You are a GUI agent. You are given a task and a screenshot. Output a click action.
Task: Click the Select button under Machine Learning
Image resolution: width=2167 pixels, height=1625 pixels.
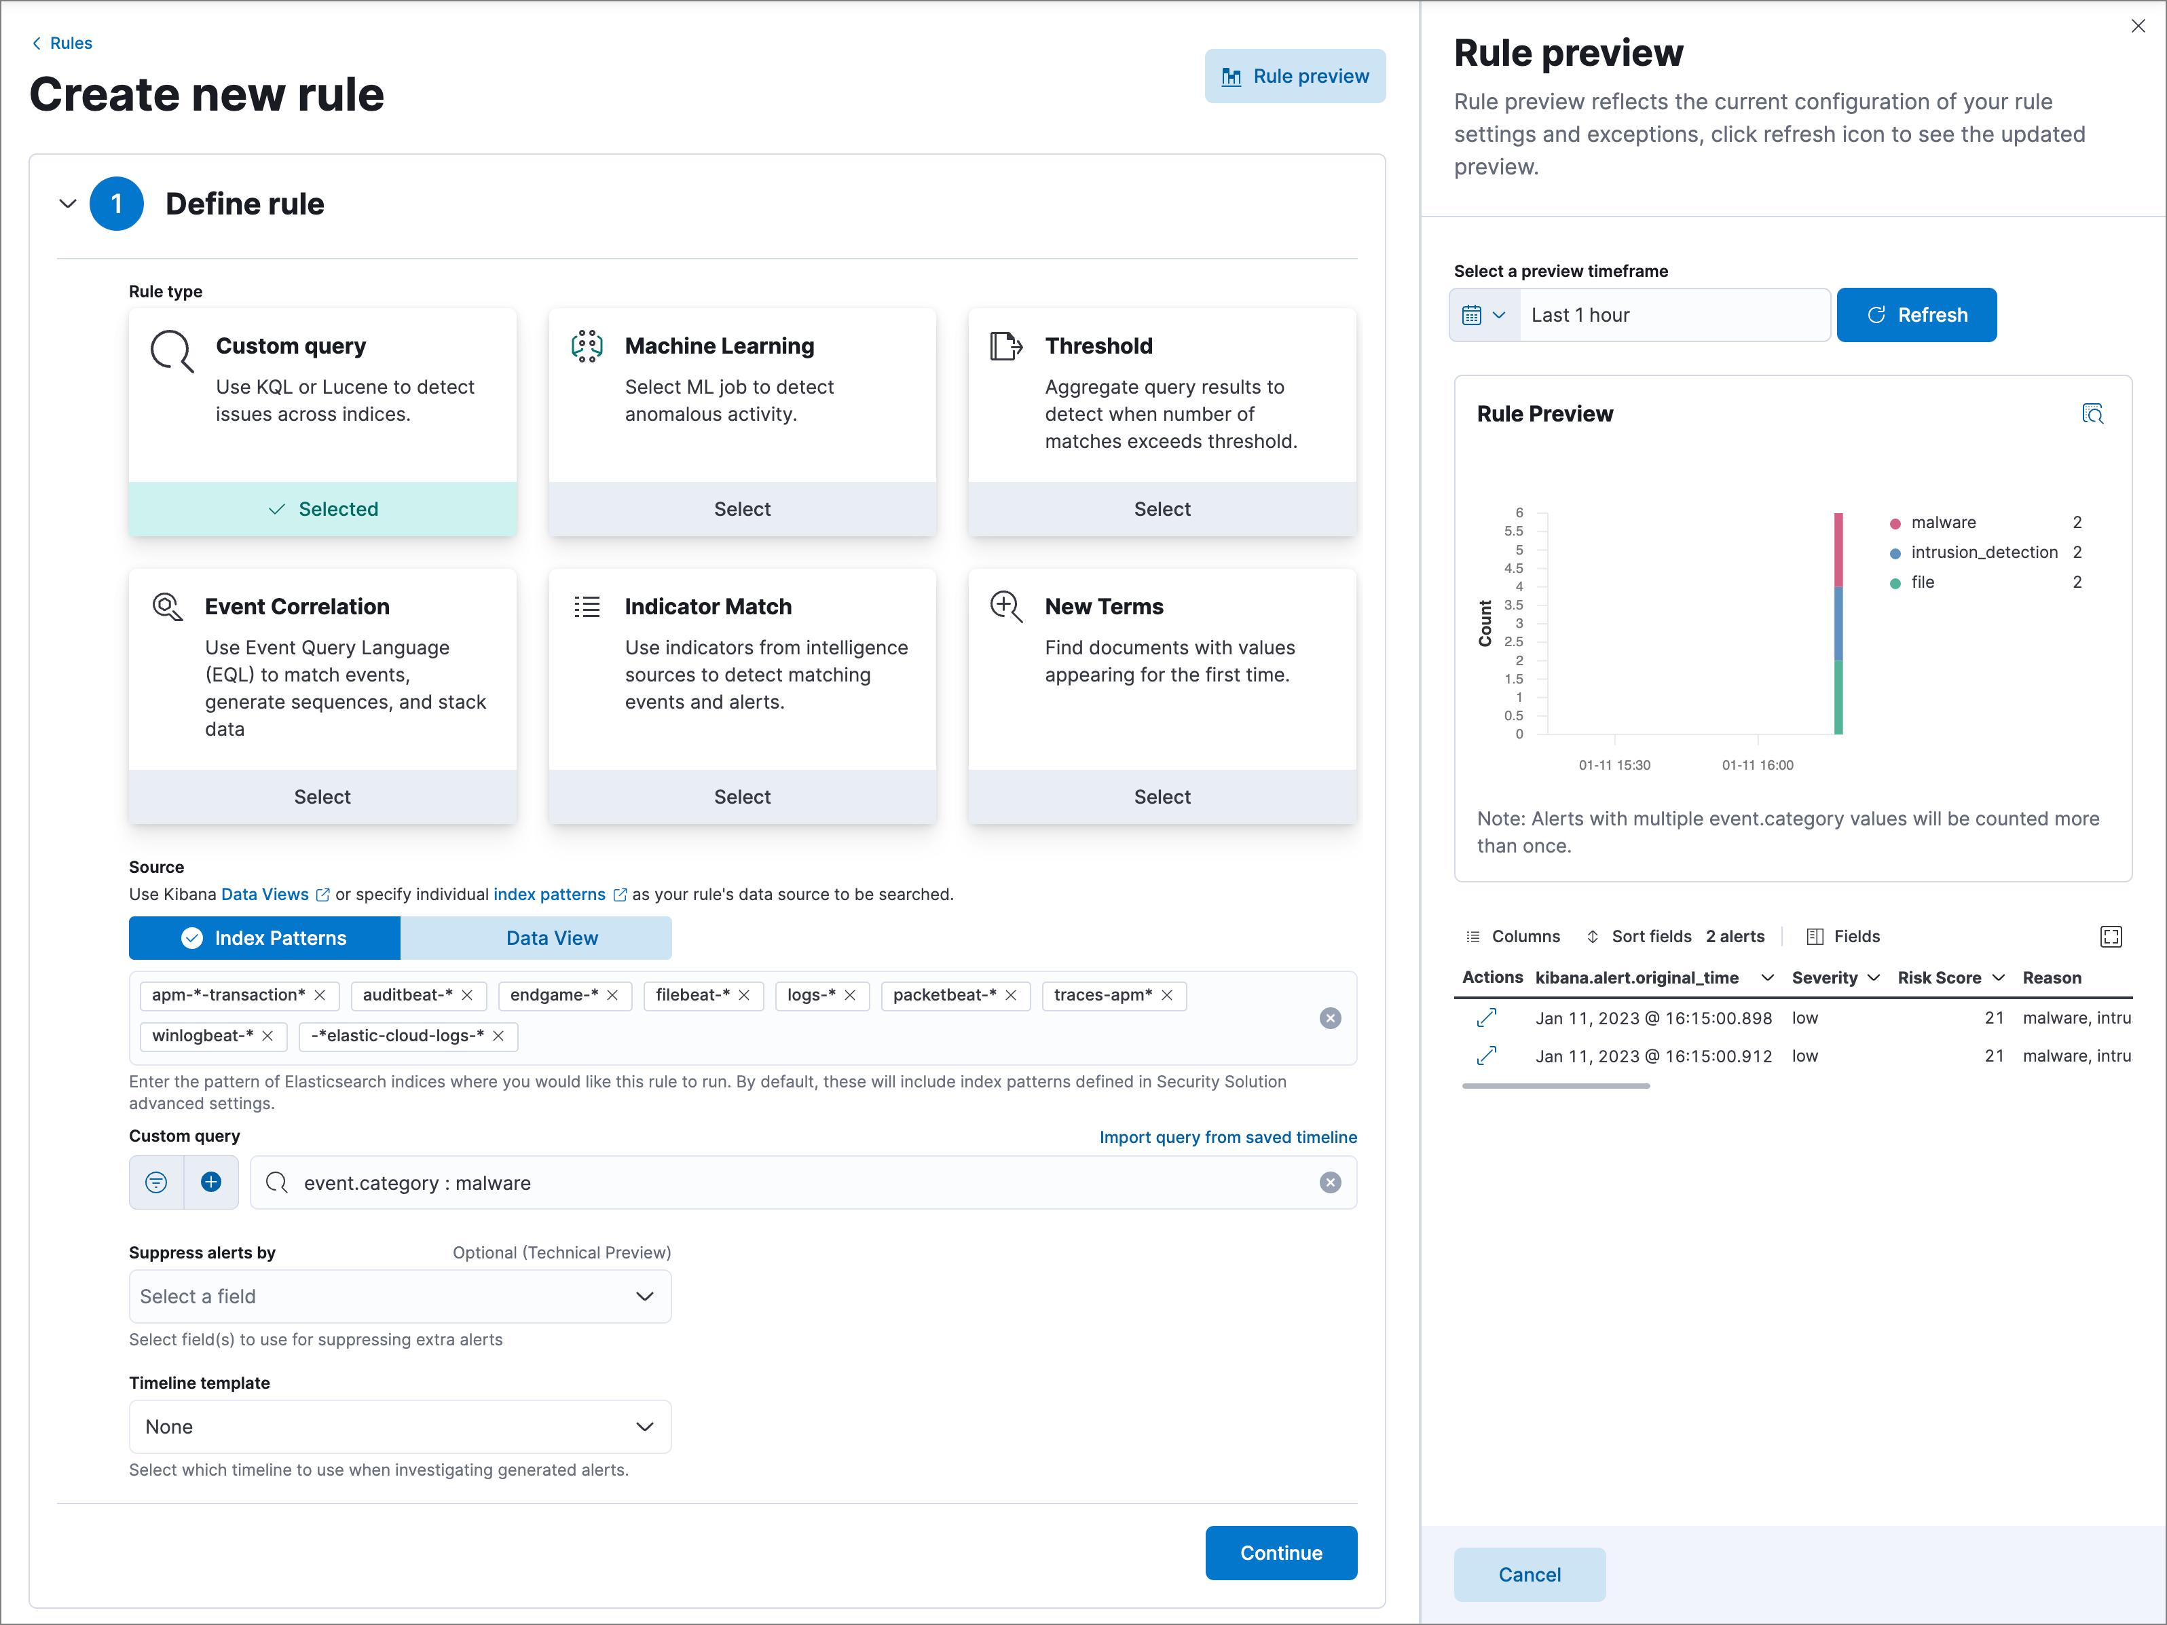[741, 508]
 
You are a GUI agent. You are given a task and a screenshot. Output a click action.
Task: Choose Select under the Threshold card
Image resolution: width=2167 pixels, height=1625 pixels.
[1162, 508]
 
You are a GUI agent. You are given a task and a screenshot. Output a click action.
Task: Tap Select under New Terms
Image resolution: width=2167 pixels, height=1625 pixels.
[1162, 796]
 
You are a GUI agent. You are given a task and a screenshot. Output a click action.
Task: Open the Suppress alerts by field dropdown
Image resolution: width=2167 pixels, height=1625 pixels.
[400, 1296]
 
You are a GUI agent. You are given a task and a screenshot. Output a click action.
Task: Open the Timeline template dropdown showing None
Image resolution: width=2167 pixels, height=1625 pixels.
[400, 1426]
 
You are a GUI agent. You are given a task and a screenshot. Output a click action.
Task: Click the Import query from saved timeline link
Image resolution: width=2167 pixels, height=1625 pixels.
[1227, 1136]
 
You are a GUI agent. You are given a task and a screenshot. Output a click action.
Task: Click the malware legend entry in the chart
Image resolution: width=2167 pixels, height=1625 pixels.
[1943, 522]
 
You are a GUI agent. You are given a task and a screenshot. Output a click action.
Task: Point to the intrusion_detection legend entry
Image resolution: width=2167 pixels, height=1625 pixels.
[1983, 553]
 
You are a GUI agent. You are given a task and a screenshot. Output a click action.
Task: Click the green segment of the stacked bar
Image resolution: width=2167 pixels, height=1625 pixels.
[1838, 696]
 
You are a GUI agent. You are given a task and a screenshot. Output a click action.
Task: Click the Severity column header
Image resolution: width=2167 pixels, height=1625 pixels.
[1824, 977]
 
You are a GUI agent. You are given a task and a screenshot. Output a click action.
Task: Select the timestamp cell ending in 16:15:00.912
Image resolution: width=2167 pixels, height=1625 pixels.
[1652, 1056]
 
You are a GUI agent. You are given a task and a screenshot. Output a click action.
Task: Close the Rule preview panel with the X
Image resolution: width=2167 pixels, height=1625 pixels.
[2138, 26]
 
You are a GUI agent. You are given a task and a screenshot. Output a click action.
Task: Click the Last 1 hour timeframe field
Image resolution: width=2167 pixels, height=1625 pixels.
[1673, 314]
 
